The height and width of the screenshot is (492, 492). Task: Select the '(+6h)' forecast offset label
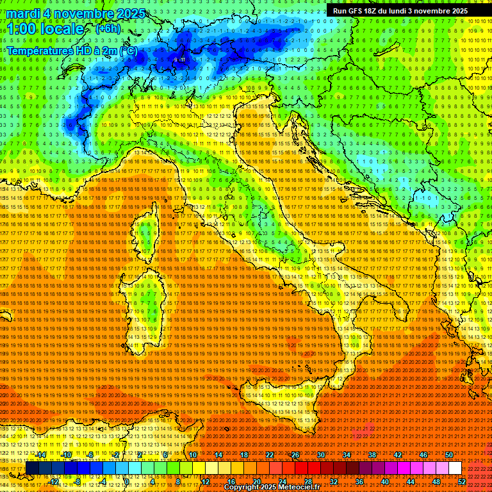click(107, 29)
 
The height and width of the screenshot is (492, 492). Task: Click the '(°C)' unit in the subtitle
click(127, 50)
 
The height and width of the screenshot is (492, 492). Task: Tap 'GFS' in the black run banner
click(359, 11)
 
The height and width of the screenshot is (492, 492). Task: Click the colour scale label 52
click(462, 481)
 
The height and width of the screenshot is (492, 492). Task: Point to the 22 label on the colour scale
click(270, 455)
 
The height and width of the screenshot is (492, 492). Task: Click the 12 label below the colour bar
click(206, 481)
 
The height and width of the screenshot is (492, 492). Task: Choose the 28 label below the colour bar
click(308, 481)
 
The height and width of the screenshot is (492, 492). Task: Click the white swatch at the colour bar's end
click(455, 468)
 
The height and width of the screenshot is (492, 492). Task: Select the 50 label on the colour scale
click(449, 455)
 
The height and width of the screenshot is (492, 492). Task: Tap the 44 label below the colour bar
click(411, 481)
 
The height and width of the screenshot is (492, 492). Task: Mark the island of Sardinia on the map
click(142, 307)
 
